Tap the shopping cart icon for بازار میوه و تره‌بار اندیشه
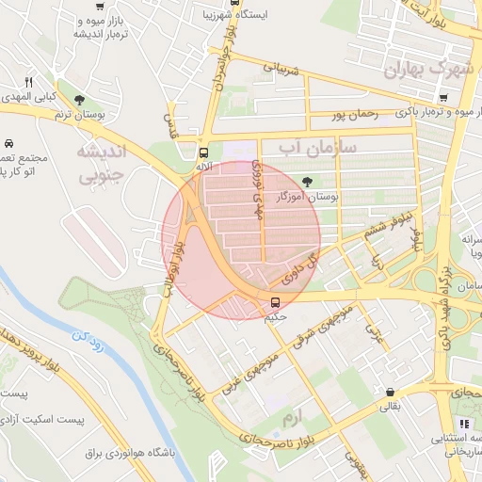tap(99, 5)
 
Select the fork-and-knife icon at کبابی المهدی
tap(28, 83)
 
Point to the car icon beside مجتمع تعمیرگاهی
tap(8, 144)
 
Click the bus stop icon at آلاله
tap(203, 152)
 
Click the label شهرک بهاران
tap(433, 70)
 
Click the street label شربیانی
tap(280, 69)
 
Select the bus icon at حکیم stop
tap(276, 302)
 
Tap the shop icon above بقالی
tap(390, 393)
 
